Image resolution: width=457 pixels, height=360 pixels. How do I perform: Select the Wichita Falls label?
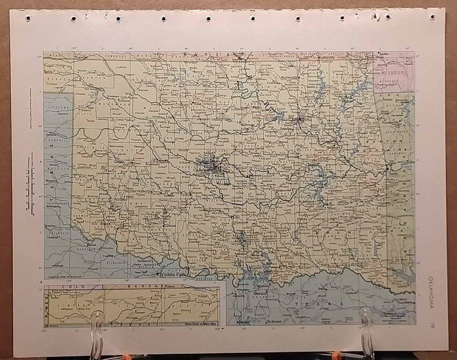[173, 273]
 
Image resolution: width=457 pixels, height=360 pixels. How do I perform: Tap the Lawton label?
[170, 226]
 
